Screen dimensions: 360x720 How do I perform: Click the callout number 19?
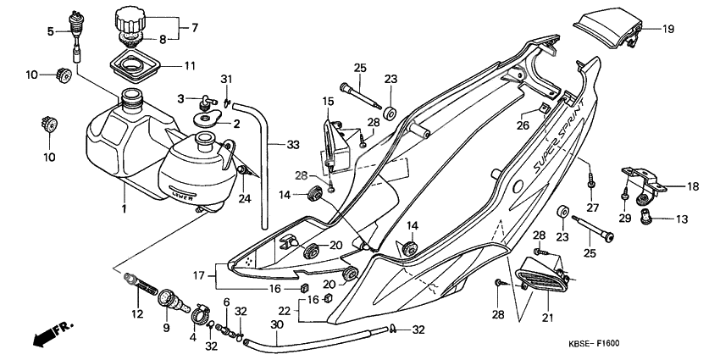coord(668,29)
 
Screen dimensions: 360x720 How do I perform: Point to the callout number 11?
coord(189,64)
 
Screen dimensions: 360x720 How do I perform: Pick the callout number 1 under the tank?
coord(125,208)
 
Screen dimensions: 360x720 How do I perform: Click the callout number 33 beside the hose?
coord(292,145)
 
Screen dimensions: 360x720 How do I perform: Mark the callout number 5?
coord(50,31)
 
